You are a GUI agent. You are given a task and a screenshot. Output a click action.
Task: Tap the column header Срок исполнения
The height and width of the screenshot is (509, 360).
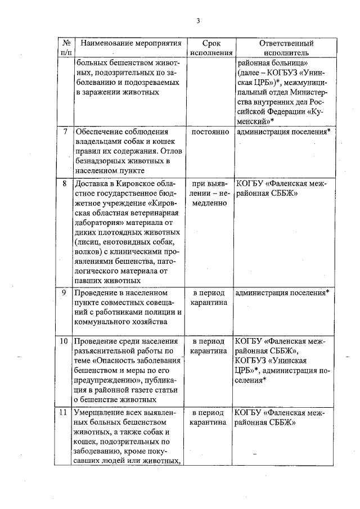point(211,48)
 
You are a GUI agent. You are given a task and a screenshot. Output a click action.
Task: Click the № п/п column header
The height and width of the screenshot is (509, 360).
point(66,48)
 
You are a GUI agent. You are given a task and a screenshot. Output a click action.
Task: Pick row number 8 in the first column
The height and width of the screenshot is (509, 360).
point(66,184)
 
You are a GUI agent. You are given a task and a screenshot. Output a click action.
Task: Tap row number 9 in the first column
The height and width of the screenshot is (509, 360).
point(66,292)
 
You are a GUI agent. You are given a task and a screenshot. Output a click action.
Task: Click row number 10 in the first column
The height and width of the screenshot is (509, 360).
point(65,341)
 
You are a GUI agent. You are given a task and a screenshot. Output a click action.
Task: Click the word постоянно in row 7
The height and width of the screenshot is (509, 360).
point(210,132)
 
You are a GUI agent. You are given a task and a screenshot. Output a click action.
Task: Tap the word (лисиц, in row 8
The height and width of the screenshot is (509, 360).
point(87,242)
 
